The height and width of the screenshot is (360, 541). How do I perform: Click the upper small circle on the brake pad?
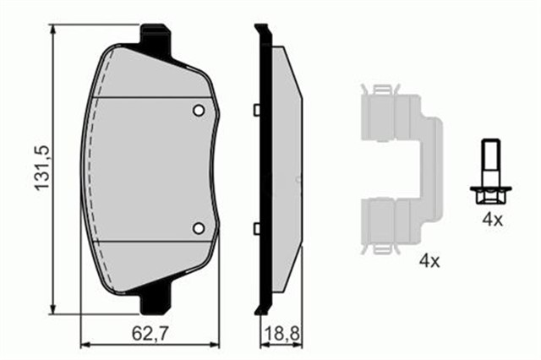tap(199, 111)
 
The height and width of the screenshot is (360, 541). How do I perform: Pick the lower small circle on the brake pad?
tap(199, 228)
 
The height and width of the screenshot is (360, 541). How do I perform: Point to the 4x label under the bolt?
tap(493, 220)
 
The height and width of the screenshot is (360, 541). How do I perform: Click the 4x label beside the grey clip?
tap(429, 261)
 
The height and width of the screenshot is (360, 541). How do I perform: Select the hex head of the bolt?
tap(490, 195)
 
